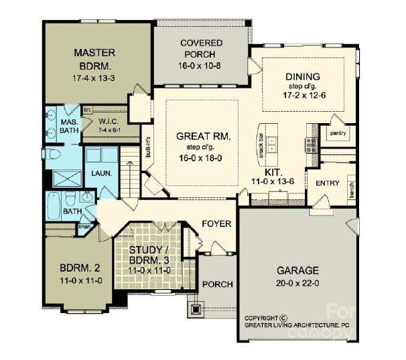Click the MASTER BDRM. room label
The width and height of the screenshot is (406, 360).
click(x=94, y=58)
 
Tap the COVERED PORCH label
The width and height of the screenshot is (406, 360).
click(x=201, y=49)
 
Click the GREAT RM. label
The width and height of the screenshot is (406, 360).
click(x=204, y=136)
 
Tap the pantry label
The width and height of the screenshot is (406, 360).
click(x=337, y=132)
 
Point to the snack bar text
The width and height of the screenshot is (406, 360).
click(x=261, y=142)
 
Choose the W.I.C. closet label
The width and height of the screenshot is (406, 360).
click(x=109, y=121)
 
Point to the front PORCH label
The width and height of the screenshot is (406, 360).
click(x=217, y=284)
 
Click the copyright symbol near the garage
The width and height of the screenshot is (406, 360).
click(x=283, y=319)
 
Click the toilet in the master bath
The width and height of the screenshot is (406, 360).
click(x=56, y=154)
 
